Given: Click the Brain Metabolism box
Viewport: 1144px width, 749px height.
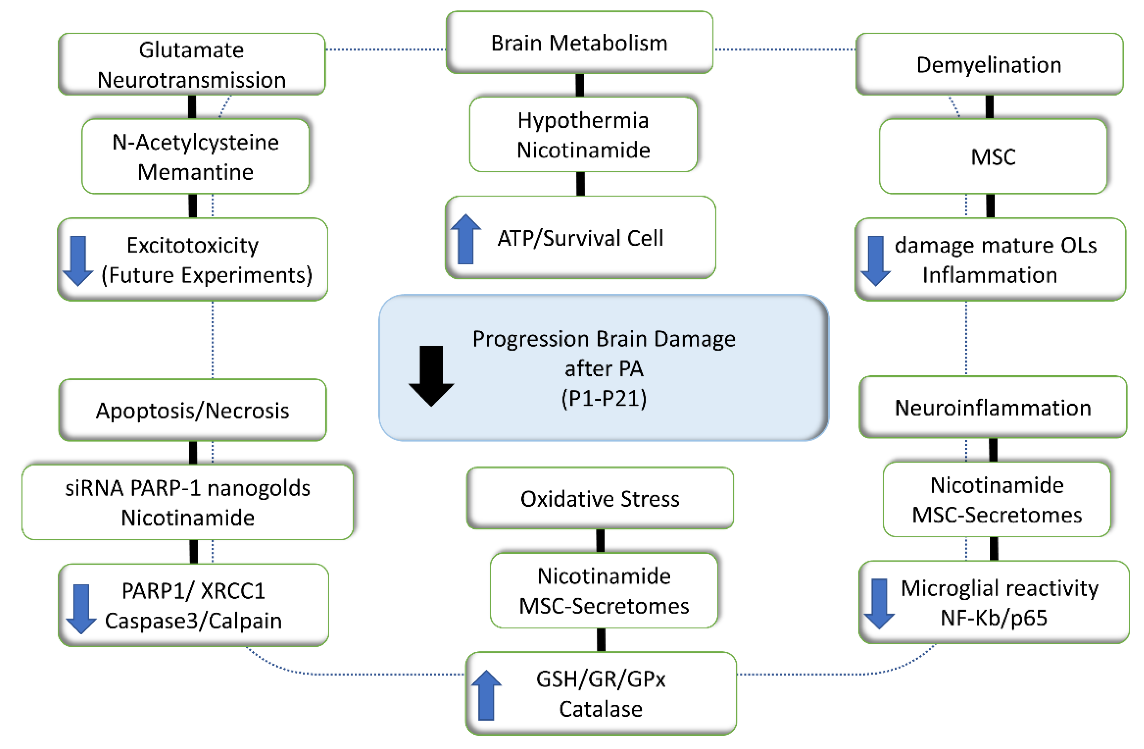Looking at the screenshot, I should pos(579,43).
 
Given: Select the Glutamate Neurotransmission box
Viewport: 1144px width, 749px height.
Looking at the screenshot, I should pos(191,64).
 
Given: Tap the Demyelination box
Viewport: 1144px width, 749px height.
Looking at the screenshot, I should pos(989,64).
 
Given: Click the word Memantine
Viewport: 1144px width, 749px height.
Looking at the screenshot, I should pos(195,172).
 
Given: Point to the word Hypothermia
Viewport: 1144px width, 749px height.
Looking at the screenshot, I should pos(583,120).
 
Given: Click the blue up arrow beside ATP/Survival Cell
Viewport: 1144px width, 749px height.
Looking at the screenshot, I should pos(465,239).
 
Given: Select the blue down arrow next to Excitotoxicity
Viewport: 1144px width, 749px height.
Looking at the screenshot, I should pos(78,261).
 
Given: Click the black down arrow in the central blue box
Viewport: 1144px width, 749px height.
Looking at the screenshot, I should pos(431,376).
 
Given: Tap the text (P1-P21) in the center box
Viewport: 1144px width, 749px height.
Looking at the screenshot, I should pos(604,398).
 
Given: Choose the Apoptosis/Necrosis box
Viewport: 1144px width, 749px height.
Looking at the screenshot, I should pos(192,410).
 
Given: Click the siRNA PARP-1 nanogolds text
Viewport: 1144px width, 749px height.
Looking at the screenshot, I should pos(187,488).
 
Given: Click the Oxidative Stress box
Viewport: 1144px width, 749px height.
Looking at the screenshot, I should pos(599,499).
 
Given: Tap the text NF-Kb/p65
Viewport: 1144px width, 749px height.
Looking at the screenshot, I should pos(993,618).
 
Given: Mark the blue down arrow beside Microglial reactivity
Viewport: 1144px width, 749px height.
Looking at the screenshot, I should pos(879,604).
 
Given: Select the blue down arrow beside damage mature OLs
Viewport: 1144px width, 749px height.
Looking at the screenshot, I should pos(875,261).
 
